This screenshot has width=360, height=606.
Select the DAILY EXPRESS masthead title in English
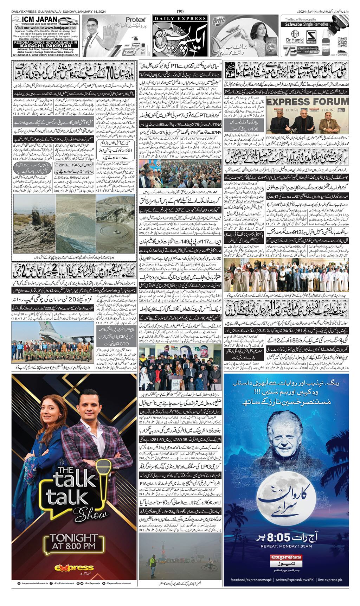click(180, 18)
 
